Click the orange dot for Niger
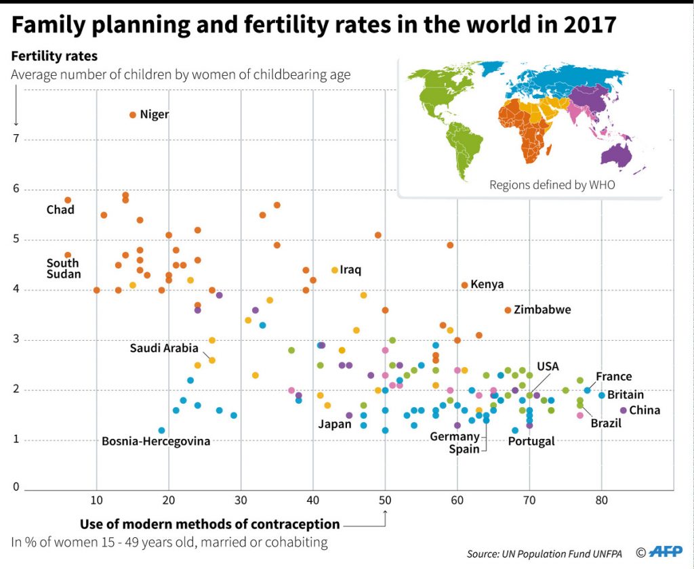133,115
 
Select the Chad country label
60,210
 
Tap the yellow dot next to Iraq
335,270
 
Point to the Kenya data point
464,285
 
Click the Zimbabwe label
542,310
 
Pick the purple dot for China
624,410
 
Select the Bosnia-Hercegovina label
156,442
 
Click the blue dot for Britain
601,395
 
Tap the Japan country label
335,425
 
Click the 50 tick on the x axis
385,501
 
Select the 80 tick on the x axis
601,501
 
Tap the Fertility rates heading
54,56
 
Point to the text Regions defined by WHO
552,184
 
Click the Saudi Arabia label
164,348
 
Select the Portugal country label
531,442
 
